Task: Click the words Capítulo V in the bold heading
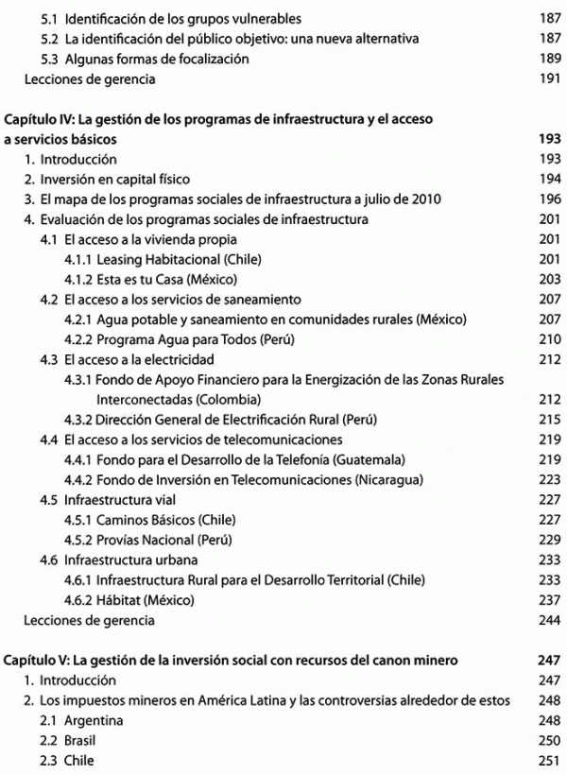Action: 36,660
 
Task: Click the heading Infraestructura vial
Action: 110,499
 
